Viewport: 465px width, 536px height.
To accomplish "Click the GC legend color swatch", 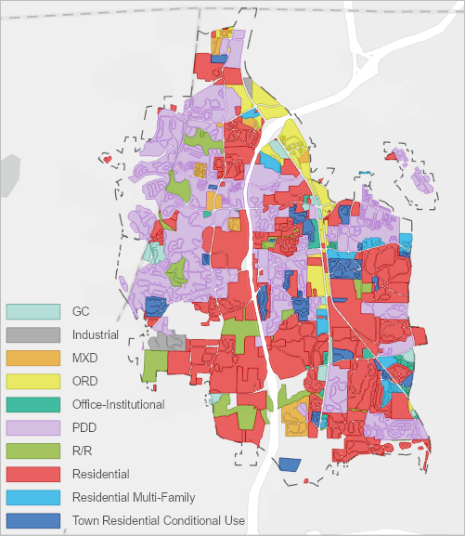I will [x=33, y=311].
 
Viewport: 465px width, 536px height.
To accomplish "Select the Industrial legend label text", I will [x=95, y=334].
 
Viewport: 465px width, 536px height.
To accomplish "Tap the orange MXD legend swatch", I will [x=33, y=358].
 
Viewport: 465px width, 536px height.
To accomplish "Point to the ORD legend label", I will [x=84, y=381].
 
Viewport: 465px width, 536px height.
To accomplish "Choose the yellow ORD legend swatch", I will [x=33, y=381].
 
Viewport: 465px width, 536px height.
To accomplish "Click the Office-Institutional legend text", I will [x=118, y=404].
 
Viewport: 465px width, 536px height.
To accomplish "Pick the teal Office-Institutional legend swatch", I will [x=33, y=404].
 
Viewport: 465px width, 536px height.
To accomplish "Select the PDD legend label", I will [x=84, y=427].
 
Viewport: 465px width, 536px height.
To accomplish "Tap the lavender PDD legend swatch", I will [x=33, y=427].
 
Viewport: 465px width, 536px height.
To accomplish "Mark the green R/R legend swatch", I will [x=33, y=451].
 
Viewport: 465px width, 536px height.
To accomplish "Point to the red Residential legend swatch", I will [x=33, y=474].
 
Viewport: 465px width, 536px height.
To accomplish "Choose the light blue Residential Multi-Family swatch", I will [x=33, y=497].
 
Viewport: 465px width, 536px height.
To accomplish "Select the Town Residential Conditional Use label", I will [x=158, y=520].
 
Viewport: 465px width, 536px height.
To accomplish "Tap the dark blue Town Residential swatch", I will [x=33, y=520].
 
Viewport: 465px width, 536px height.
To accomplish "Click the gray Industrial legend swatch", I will [x=33, y=334].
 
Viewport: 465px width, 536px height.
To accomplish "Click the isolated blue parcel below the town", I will [x=291, y=464].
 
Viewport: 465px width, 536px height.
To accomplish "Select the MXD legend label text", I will [x=84, y=358].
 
